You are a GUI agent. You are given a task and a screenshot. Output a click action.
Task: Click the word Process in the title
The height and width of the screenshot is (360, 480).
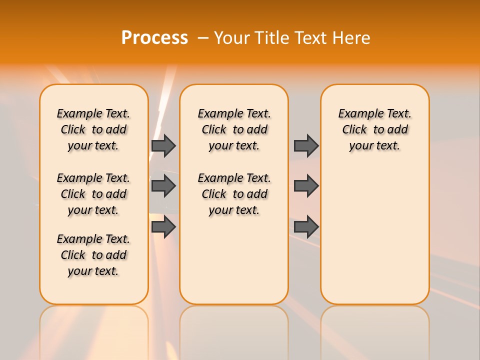[154, 38]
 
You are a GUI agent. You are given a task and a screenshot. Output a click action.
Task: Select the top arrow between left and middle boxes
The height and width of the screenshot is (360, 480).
[163, 145]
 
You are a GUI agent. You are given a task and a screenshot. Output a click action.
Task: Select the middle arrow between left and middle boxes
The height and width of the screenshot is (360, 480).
[163, 186]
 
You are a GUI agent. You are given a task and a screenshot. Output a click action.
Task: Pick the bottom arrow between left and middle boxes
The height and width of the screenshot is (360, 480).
[163, 227]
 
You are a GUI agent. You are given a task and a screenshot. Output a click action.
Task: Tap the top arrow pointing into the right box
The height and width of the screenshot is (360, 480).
[306, 145]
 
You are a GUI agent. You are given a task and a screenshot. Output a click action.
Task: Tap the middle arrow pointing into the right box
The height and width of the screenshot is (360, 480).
[306, 186]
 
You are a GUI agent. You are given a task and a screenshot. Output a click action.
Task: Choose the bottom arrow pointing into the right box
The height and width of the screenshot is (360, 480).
[306, 227]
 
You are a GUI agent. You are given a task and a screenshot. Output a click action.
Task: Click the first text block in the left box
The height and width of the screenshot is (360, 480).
[93, 129]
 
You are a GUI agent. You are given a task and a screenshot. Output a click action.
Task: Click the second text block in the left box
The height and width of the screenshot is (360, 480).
[93, 194]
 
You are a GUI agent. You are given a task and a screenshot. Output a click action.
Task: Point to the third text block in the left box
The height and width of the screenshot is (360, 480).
[93, 255]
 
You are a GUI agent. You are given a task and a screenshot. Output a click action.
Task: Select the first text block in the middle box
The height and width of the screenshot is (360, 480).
[234, 129]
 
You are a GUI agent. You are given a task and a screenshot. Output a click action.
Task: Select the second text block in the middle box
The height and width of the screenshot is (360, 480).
[234, 194]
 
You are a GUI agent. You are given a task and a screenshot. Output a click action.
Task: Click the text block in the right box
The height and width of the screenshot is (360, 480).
[374, 129]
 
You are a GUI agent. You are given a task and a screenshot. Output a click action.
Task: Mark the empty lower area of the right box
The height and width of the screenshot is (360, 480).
[374, 235]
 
